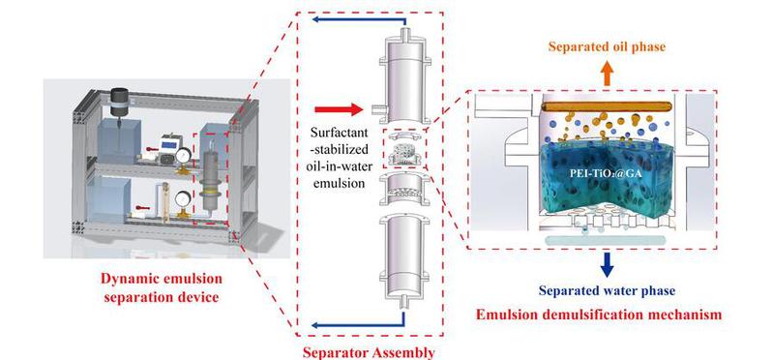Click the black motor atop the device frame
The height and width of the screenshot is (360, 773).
point(119,102)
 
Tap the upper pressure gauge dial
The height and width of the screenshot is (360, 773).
point(184,157)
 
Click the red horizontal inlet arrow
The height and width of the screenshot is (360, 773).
point(339,109)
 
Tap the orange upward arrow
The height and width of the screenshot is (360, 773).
point(607,74)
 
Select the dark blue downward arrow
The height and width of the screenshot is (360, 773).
point(608,264)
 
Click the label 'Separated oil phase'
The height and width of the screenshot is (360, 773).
point(607,46)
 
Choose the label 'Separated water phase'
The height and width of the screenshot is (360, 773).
point(607,291)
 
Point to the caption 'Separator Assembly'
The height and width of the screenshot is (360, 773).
point(369,352)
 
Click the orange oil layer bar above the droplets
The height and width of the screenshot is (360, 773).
point(607,106)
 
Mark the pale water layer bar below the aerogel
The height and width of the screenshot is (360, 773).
point(606,240)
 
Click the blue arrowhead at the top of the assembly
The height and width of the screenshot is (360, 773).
point(316,19)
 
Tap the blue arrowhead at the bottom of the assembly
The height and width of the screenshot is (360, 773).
point(316,324)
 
